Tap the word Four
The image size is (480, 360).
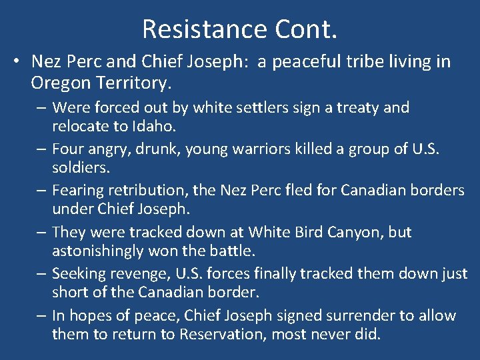69,149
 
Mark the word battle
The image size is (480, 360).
235,252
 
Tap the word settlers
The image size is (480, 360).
234,107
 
